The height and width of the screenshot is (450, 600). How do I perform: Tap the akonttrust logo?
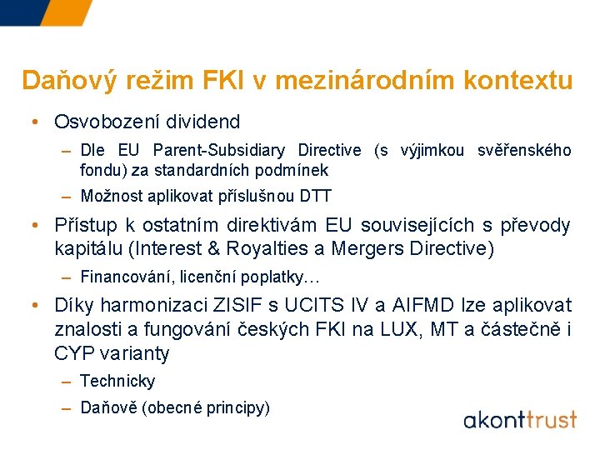coord(520,417)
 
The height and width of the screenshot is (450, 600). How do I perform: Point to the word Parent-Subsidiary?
coord(215,151)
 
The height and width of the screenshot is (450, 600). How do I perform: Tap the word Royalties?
coord(265,248)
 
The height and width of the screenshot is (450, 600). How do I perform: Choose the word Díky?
coord(75,305)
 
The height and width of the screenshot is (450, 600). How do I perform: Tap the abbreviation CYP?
coord(72,353)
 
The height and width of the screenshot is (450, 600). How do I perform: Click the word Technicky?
coord(117,381)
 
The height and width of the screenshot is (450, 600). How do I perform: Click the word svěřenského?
coord(524,151)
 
